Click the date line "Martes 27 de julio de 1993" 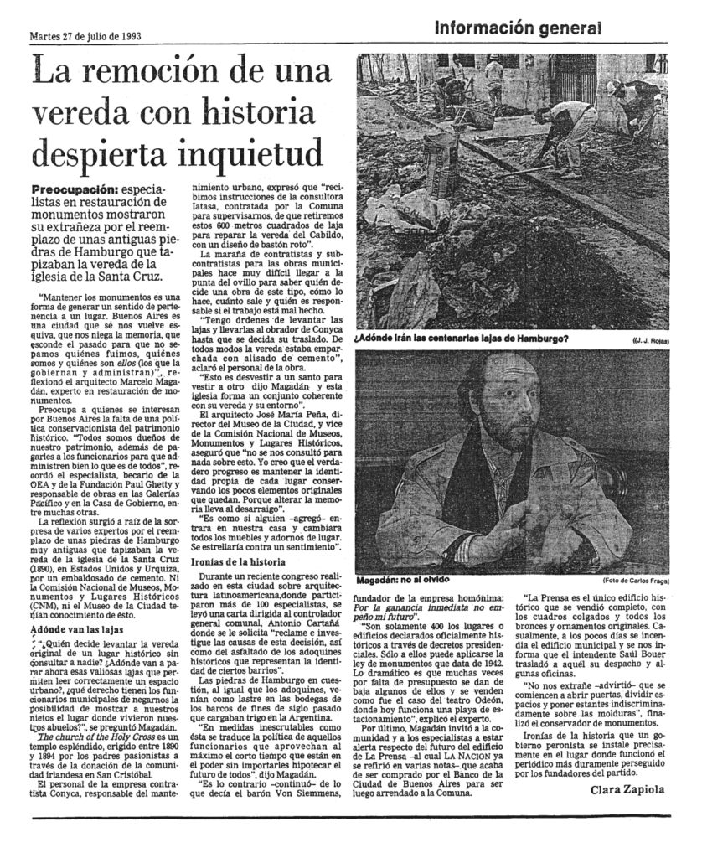84,37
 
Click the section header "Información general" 518,29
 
